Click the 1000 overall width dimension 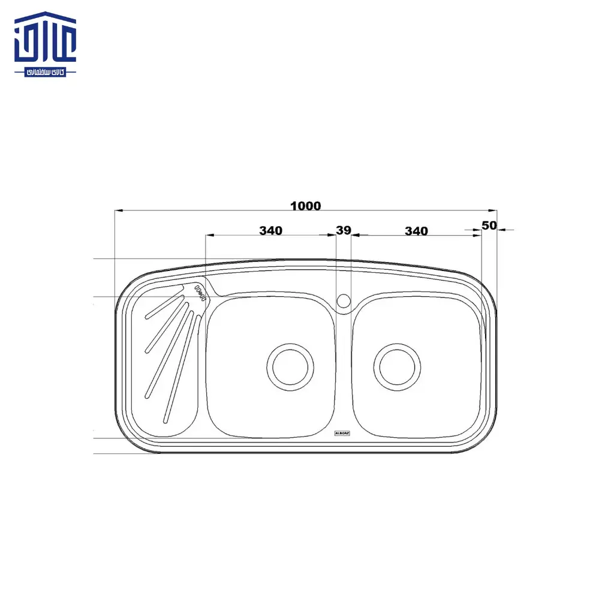306,206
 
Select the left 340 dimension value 270,230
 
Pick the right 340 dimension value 416,231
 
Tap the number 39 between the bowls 344,230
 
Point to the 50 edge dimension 489,225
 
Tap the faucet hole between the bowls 344,300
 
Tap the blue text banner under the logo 46,71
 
